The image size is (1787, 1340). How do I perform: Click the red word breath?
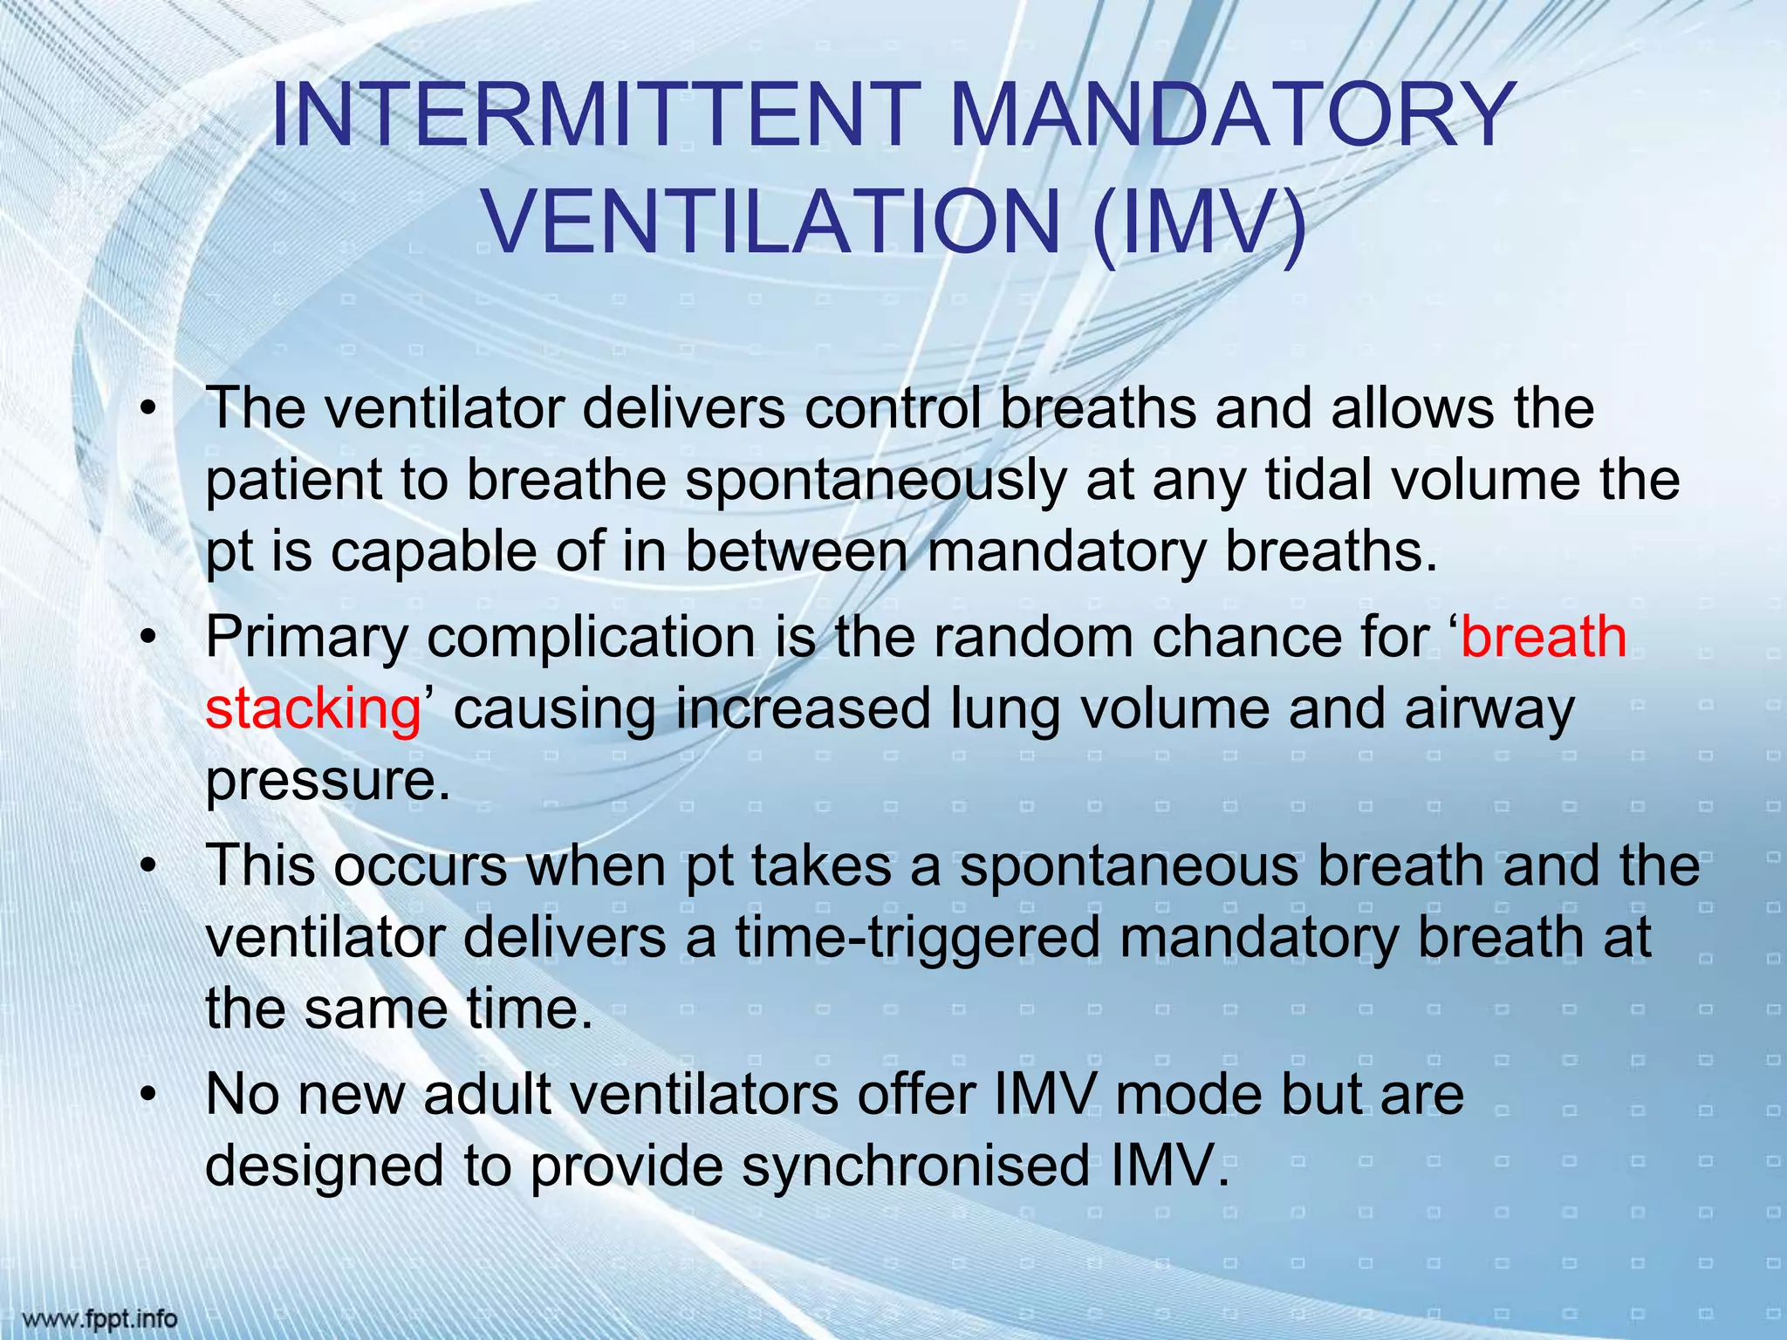pos(1543,637)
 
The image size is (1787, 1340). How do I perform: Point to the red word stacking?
pos(312,709)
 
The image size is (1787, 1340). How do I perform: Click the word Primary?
pos(306,639)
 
